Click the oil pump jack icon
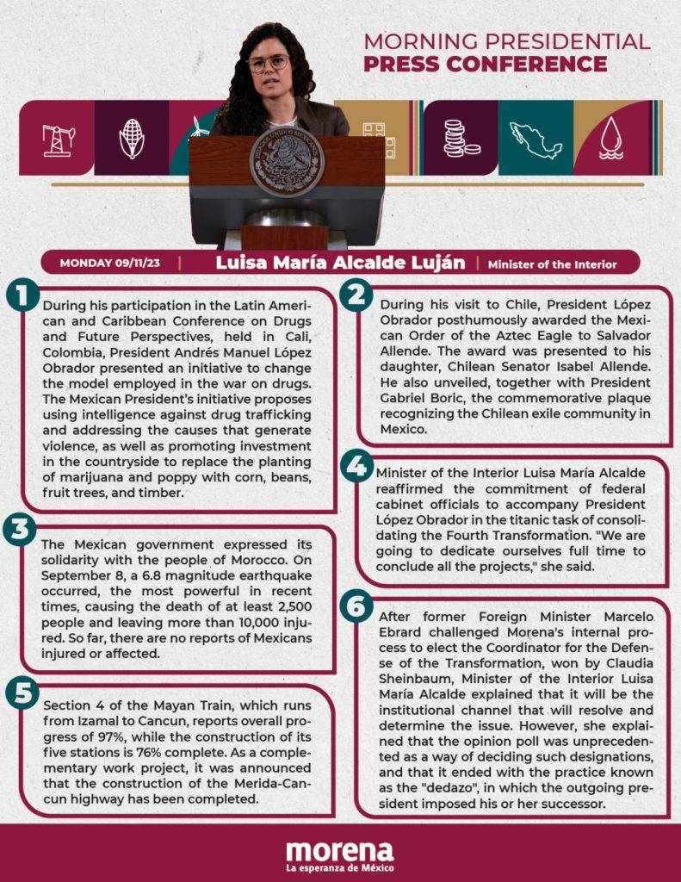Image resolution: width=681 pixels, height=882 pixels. pyautogui.click(x=59, y=138)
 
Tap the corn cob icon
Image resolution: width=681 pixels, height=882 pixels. pyautogui.click(x=131, y=138)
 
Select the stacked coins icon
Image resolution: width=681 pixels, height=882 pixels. pyautogui.click(x=460, y=138)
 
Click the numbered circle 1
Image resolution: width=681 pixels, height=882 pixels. pyautogui.click(x=23, y=296)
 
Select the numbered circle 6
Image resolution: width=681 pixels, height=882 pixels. pyautogui.click(x=355, y=605)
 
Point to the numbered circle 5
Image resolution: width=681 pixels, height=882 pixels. pyautogui.click(x=23, y=692)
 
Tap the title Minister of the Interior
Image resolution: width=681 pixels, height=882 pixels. pyautogui.click(x=552, y=264)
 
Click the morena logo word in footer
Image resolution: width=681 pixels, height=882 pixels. pyautogui.click(x=339, y=851)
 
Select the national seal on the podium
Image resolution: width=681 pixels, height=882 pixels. pyautogui.click(x=286, y=163)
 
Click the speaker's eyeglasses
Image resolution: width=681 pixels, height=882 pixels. pyautogui.click(x=269, y=63)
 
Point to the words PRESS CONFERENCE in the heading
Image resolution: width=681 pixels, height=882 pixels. pyautogui.click(x=485, y=64)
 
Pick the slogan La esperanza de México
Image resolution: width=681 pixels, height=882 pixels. pyautogui.click(x=339, y=867)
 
